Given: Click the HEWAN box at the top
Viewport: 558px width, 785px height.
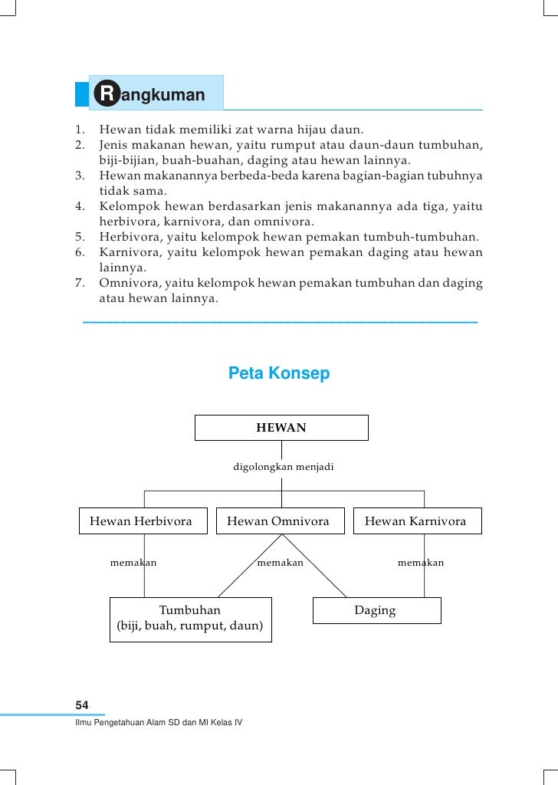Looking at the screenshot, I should (281, 428).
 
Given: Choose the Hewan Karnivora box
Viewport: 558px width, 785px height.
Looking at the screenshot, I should (415, 521).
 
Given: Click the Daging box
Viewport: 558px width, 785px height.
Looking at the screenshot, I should (376, 610).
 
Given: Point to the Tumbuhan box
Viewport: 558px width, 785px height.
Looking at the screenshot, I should (190, 619).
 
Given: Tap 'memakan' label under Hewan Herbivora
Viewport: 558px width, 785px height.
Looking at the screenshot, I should (133, 563).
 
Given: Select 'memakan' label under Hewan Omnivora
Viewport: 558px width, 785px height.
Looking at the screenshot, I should (280, 563).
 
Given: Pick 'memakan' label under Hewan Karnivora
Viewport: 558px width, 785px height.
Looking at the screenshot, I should (420, 563).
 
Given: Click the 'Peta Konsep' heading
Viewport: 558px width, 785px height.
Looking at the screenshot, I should (279, 374).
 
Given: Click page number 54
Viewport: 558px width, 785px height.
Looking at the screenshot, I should (81, 705).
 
